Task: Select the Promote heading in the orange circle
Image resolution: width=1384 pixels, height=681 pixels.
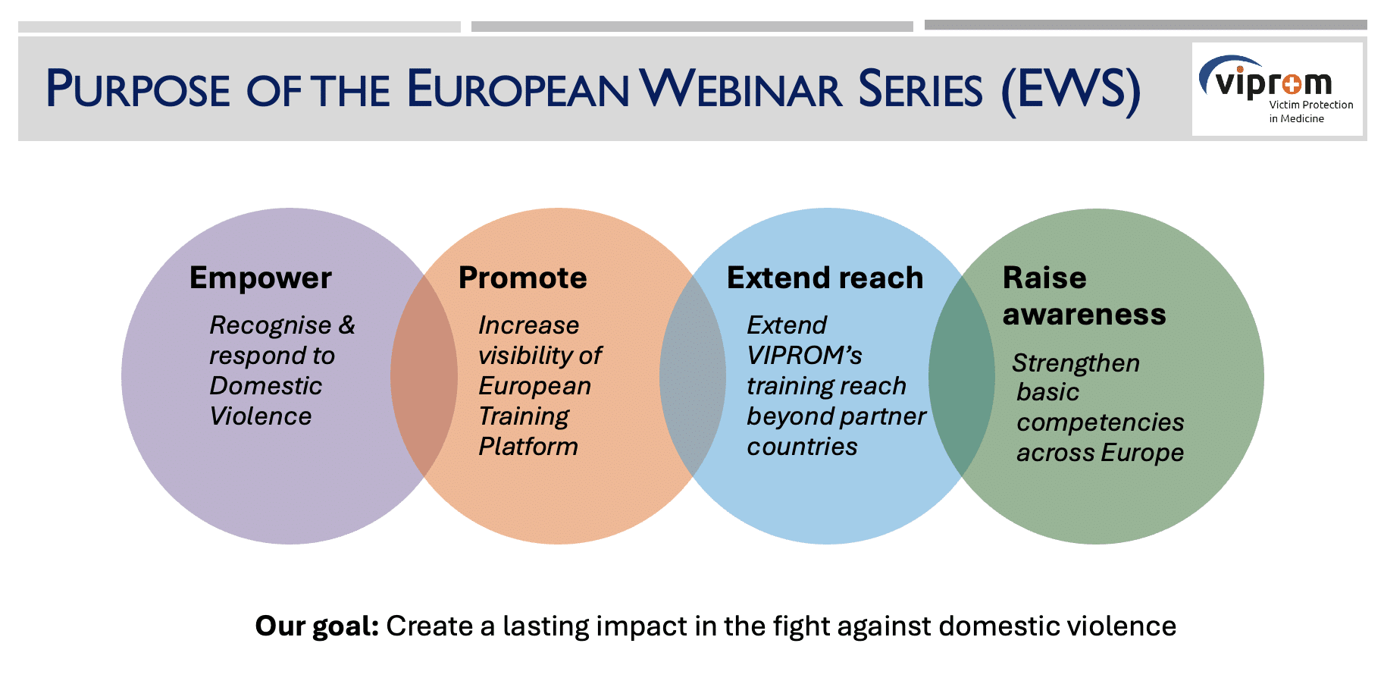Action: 522,278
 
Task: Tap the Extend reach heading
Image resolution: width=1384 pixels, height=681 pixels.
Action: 825,278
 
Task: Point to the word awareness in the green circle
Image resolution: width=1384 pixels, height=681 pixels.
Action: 1084,314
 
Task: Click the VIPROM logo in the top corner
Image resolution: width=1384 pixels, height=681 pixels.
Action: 1277,89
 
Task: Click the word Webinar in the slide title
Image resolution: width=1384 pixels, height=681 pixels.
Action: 741,89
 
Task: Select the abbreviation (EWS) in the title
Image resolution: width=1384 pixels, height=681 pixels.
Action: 1071,91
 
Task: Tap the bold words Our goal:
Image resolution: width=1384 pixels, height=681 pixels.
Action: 317,626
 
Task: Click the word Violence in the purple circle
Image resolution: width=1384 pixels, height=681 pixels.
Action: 261,416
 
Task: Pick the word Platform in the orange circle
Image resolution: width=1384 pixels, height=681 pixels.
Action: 528,446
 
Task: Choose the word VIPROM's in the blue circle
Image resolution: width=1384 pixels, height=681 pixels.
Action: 805,355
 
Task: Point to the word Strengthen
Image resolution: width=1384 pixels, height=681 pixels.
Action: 1076,362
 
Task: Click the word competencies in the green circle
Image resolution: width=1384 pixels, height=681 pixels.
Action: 1101,422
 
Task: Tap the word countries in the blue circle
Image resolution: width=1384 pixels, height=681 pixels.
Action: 802,447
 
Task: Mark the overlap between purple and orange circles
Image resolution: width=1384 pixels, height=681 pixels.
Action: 424,376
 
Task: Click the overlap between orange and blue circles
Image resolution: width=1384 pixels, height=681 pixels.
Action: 693,376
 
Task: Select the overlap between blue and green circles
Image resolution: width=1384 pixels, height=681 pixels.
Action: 962,376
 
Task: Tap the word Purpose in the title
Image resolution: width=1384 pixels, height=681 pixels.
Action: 138,89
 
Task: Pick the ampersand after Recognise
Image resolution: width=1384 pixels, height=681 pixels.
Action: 346,325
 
